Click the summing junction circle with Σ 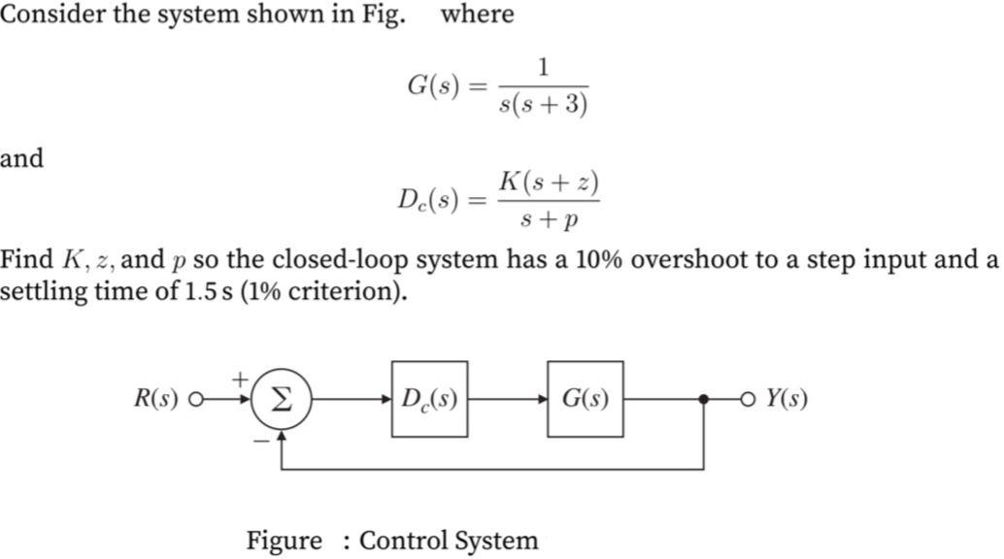[x=281, y=400]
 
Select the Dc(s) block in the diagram [x=429, y=399]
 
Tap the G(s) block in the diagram [x=585, y=399]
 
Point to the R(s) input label [x=155, y=399]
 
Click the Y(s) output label [x=786, y=399]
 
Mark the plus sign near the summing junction [x=240, y=378]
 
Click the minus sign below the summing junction [x=261, y=439]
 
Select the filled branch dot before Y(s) [x=703, y=399]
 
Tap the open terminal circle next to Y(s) [x=747, y=399]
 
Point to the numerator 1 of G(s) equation [x=543, y=67]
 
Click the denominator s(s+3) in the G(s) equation [x=543, y=104]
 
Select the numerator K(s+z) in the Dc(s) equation [x=548, y=181]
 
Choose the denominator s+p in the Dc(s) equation [x=548, y=220]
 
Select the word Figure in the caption [x=283, y=540]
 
